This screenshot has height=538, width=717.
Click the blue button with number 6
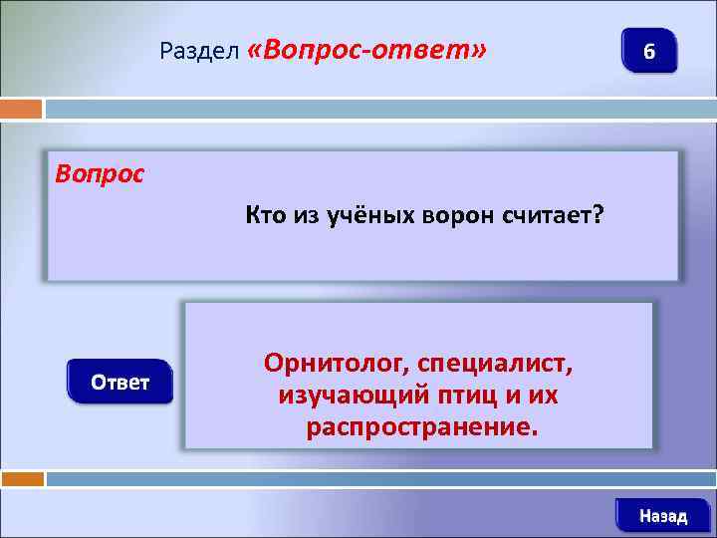coord(648,51)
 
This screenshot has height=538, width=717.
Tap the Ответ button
coord(120,383)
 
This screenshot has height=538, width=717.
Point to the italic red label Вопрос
coord(100,173)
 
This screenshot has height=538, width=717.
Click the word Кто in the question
coord(264,215)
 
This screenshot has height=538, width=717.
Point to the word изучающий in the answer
coord(354,396)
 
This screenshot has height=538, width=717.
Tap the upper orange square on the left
coord(21,108)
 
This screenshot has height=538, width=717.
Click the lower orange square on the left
coord(21,479)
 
